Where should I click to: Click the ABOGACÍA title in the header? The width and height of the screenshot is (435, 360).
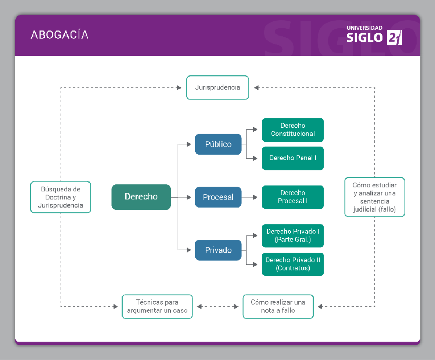point(60,35)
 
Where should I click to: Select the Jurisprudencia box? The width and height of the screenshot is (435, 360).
point(217,87)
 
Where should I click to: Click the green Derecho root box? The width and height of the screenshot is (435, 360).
point(141,197)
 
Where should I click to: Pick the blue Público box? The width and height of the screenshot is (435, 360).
point(218,144)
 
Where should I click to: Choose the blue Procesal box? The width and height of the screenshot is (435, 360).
point(218,197)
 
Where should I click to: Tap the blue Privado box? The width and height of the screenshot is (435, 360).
point(218,250)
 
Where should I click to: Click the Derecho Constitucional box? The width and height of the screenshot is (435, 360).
point(293,130)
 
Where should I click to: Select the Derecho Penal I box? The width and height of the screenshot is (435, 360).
point(293,158)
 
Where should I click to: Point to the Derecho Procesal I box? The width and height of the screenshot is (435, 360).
point(293,197)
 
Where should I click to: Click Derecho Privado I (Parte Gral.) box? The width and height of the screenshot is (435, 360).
point(293,236)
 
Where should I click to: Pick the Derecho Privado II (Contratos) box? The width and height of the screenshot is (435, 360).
point(293,264)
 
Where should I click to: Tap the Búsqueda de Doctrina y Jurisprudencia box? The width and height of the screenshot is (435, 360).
point(61,197)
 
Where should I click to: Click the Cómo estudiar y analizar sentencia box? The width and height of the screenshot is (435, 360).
point(374,197)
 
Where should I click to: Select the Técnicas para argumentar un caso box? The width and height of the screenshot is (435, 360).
point(157,306)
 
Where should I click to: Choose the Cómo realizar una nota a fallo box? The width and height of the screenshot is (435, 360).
point(278,306)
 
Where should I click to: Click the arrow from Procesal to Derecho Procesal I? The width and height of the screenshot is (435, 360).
point(250,197)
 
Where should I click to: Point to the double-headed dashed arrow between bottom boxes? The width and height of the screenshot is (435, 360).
point(217,307)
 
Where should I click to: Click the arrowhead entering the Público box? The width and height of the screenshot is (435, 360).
point(189,144)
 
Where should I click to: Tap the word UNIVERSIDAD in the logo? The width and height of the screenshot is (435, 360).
point(364,28)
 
